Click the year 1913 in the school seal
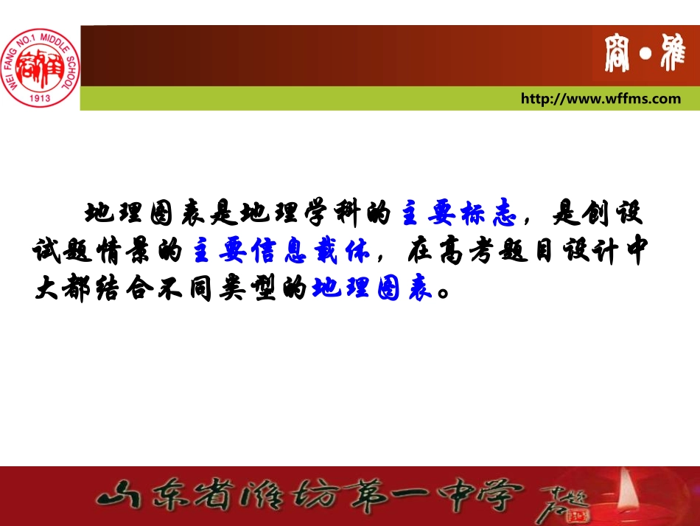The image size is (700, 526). point(41,97)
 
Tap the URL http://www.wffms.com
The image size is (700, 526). point(601,99)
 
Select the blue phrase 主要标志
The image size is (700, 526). point(458,214)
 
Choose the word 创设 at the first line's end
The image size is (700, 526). point(620,214)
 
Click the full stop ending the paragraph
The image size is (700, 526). point(443,291)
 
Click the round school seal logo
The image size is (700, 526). point(41,66)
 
